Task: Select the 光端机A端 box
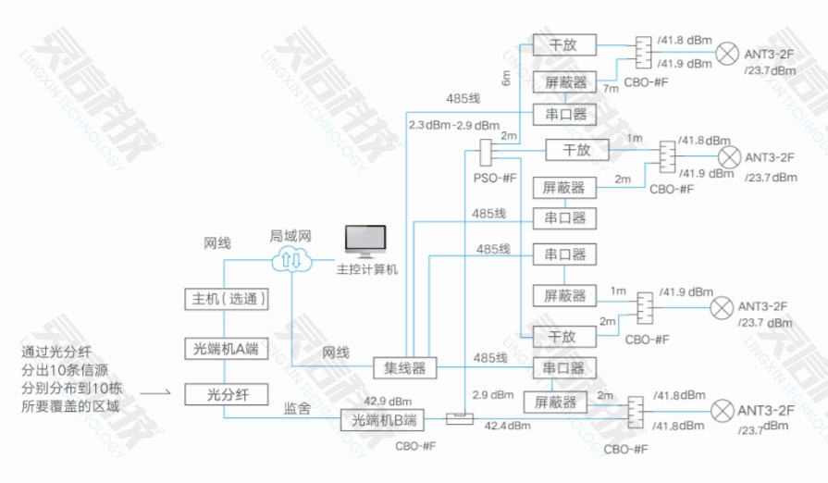225,349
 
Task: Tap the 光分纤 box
225,394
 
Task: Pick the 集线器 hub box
403,367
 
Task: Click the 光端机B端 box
383,420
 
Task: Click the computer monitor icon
365,242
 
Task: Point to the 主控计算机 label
366,269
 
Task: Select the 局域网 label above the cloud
289,236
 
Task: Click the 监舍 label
293,404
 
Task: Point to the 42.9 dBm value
387,402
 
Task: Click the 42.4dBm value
505,426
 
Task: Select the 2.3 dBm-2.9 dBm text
454,125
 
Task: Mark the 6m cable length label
506,79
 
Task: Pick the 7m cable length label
611,89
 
